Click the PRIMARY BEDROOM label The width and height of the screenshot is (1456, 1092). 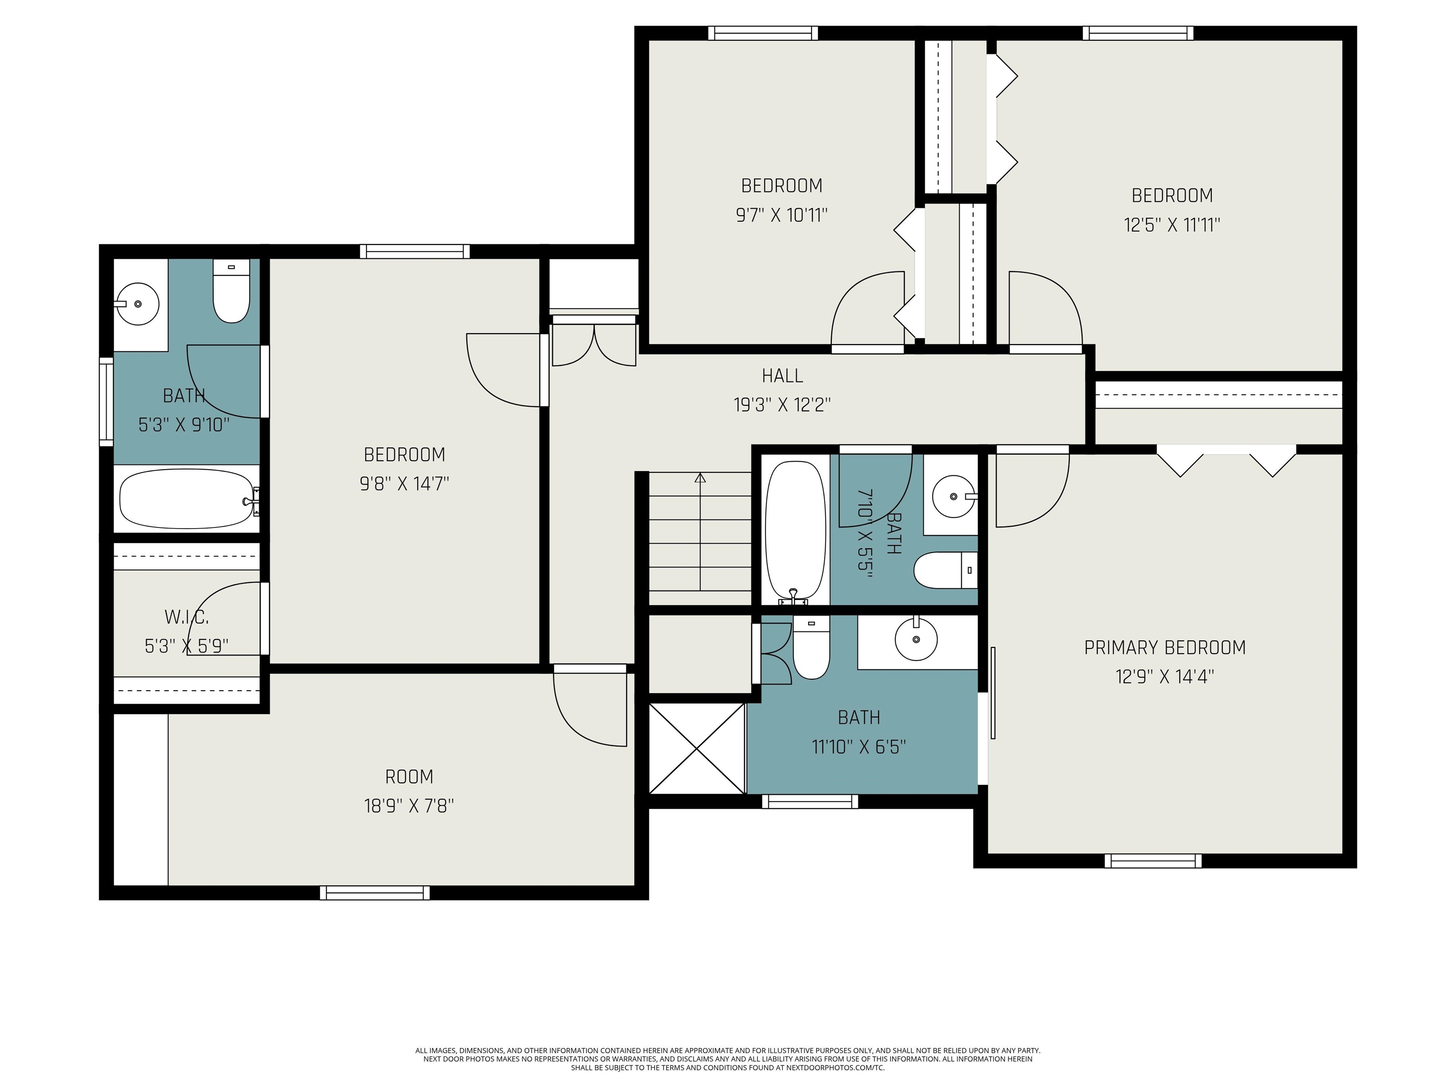coord(1165,648)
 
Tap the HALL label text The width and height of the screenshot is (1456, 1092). coord(782,376)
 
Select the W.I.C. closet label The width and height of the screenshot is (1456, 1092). coord(186,618)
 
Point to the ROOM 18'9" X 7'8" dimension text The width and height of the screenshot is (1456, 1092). coord(409,806)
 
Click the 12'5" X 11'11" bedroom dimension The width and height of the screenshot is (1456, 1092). coord(1172,225)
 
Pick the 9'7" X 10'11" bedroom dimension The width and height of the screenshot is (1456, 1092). coord(781,215)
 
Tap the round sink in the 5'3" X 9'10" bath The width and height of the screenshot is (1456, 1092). coord(137,303)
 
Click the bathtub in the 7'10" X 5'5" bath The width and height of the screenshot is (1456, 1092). coord(795,532)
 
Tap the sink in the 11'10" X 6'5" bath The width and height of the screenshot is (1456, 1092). coord(916,638)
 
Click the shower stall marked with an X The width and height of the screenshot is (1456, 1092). coord(697,748)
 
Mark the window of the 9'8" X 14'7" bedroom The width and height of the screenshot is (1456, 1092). coord(415,252)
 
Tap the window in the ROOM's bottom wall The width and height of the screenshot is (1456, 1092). coord(374,892)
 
